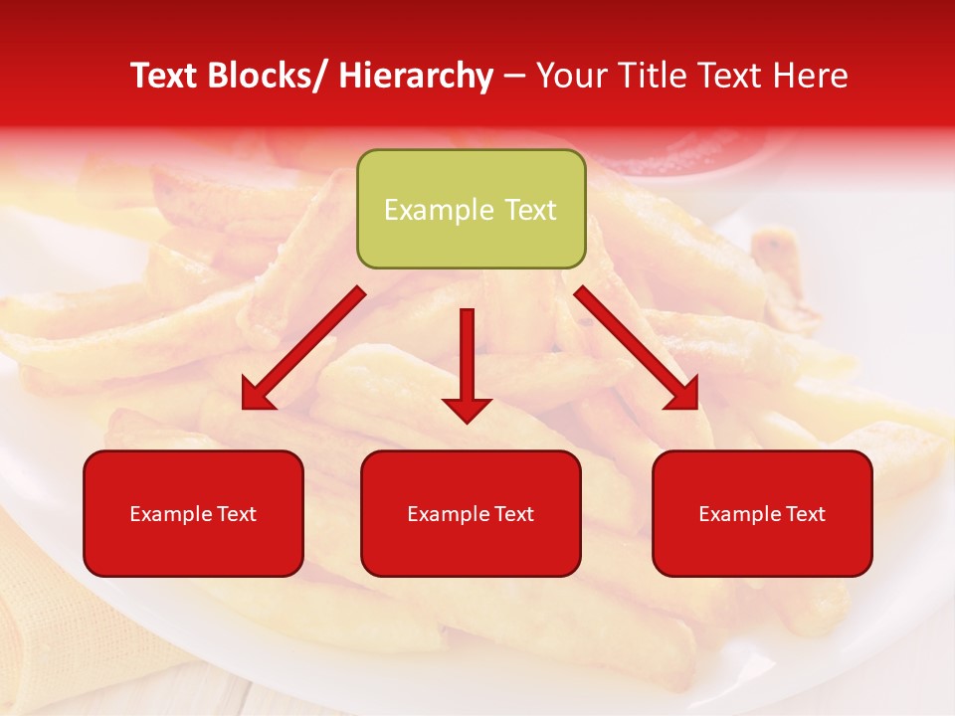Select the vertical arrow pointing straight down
467,363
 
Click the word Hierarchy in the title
415,76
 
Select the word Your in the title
570,76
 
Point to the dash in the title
514,77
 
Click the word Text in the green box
529,210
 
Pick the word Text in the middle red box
511,514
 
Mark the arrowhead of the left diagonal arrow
257,396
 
